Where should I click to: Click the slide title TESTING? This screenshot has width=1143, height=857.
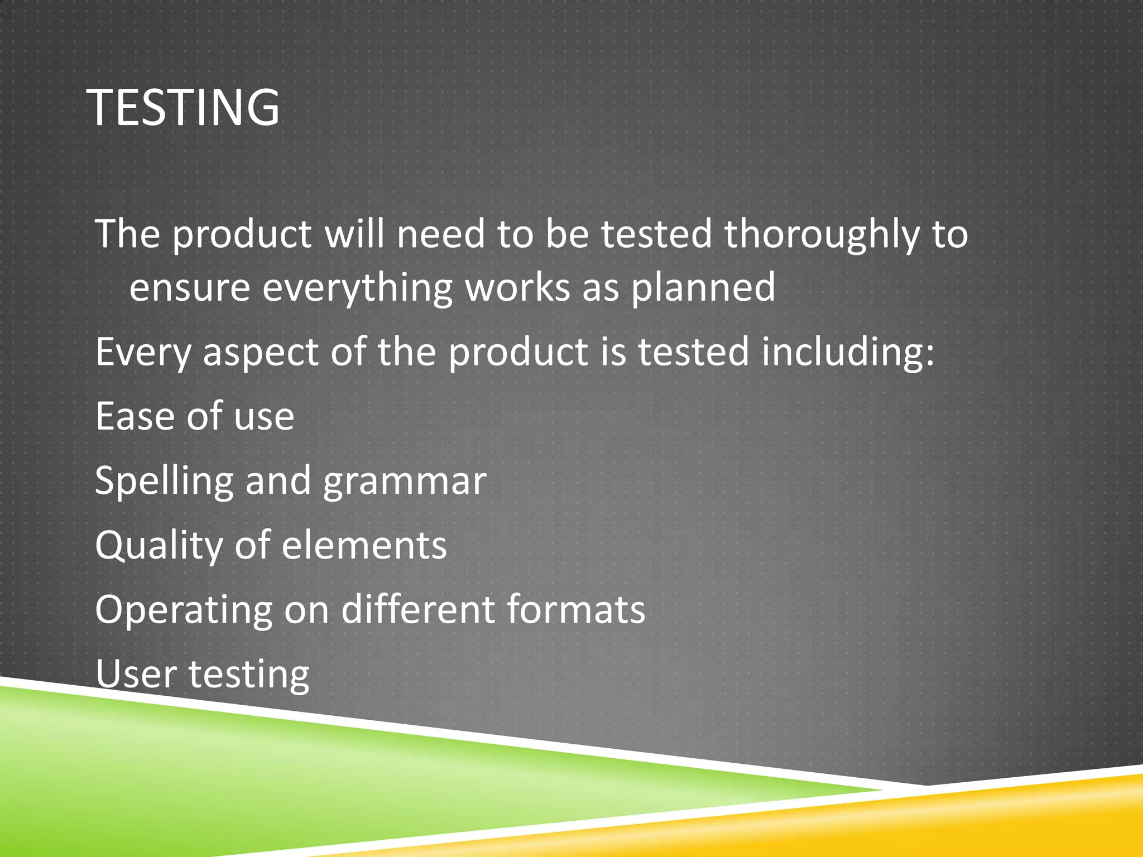[x=184, y=107]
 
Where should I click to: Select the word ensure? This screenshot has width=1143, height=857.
[x=190, y=288]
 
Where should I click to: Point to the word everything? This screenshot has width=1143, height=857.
[x=357, y=289]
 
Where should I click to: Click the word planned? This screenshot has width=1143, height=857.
[x=703, y=289]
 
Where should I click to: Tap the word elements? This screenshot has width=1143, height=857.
[x=364, y=546]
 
